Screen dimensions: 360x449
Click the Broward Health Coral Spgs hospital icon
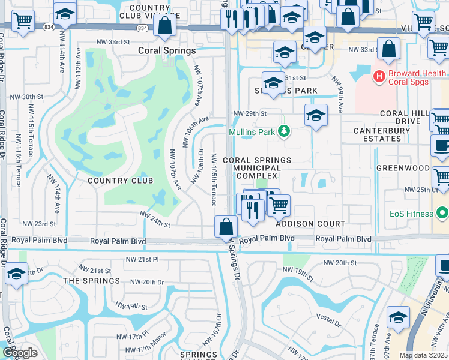379,76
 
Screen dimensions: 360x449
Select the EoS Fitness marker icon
442,213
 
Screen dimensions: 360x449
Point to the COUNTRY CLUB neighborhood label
121,181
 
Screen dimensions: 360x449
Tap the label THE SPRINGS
92,281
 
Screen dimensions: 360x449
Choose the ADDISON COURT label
310,224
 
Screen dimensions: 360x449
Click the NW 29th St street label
249,113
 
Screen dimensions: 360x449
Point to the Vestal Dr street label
327,323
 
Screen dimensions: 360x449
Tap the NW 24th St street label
155,219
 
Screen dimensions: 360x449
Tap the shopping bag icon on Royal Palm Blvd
226,228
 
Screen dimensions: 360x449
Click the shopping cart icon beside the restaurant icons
278,205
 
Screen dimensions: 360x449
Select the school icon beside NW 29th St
315,115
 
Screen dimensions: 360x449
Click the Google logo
20,353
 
